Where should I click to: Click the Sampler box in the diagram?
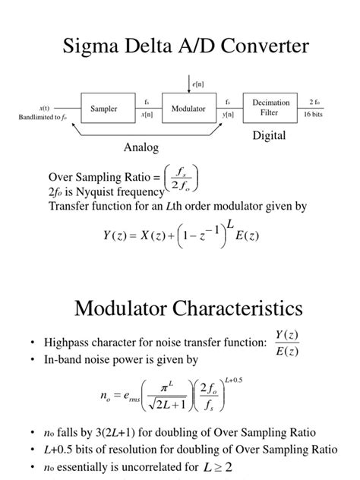[x=103, y=109]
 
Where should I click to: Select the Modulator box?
[x=188, y=109]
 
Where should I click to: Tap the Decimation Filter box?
[x=271, y=108]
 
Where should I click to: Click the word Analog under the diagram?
[x=141, y=147]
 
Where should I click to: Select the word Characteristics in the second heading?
[x=236, y=309]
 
